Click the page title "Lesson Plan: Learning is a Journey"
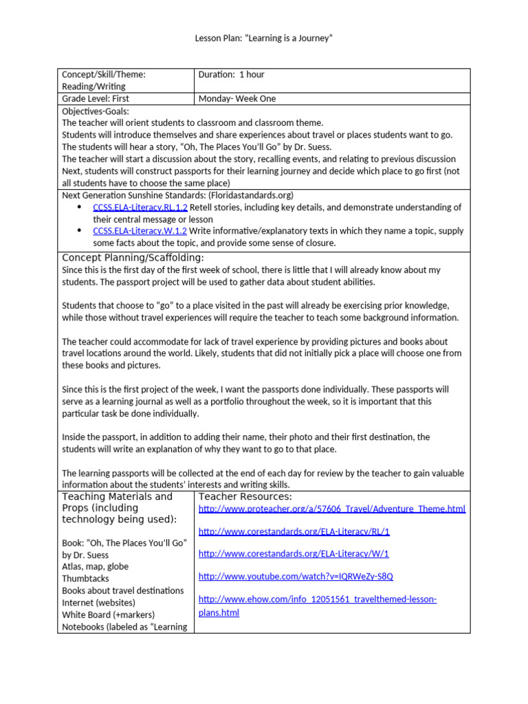click(264, 38)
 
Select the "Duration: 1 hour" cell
click(231, 74)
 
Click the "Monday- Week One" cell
click(237, 98)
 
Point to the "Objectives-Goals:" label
click(96, 111)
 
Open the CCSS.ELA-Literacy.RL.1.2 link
click(140, 207)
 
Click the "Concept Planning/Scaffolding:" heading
click(133, 257)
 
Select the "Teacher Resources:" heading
click(245, 496)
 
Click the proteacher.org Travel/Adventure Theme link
click(332, 509)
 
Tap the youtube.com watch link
click(296, 576)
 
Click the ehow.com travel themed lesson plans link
click(318, 599)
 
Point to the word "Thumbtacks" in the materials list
click(85, 579)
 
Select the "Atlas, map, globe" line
click(96, 566)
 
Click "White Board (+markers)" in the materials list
click(109, 615)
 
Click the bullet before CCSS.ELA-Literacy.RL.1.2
click(79, 207)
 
